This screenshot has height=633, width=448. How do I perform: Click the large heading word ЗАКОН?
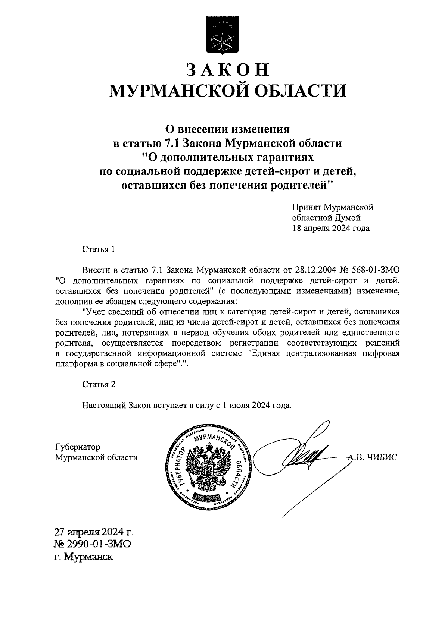pyautogui.click(x=227, y=70)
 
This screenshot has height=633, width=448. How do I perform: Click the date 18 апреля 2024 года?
pyautogui.click(x=331, y=228)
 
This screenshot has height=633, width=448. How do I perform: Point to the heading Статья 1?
pyautogui.click(x=99, y=249)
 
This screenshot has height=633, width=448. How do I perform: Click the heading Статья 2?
pyautogui.click(x=99, y=384)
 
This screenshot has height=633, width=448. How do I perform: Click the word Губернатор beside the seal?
pyautogui.click(x=77, y=447)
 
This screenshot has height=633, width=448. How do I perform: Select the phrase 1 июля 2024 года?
pyautogui.click(x=256, y=405)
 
